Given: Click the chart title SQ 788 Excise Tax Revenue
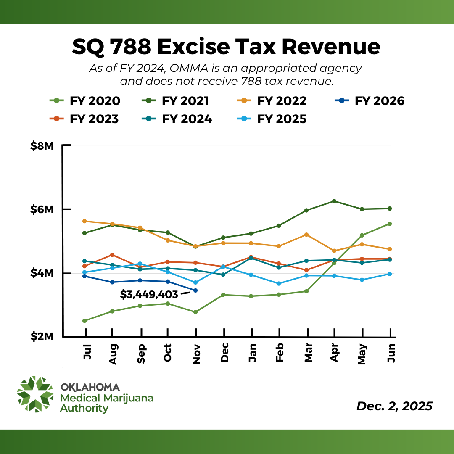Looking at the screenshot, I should [226, 47].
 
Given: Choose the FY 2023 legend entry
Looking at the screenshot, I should [84, 119].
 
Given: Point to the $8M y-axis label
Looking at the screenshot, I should [42, 146].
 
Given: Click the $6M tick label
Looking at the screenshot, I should [42, 209].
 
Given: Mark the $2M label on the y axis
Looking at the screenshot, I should [42, 337].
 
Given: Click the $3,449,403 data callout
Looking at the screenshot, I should [149, 294].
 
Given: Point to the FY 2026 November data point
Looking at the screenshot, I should [195, 290].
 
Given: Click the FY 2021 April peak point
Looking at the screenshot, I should [334, 201].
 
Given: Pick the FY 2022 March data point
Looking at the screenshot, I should [306, 235].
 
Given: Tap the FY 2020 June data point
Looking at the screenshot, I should [390, 224].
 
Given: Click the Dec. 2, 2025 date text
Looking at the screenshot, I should [394, 406].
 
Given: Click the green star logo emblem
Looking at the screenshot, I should [35, 394].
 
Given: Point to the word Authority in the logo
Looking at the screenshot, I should [84, 408].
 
